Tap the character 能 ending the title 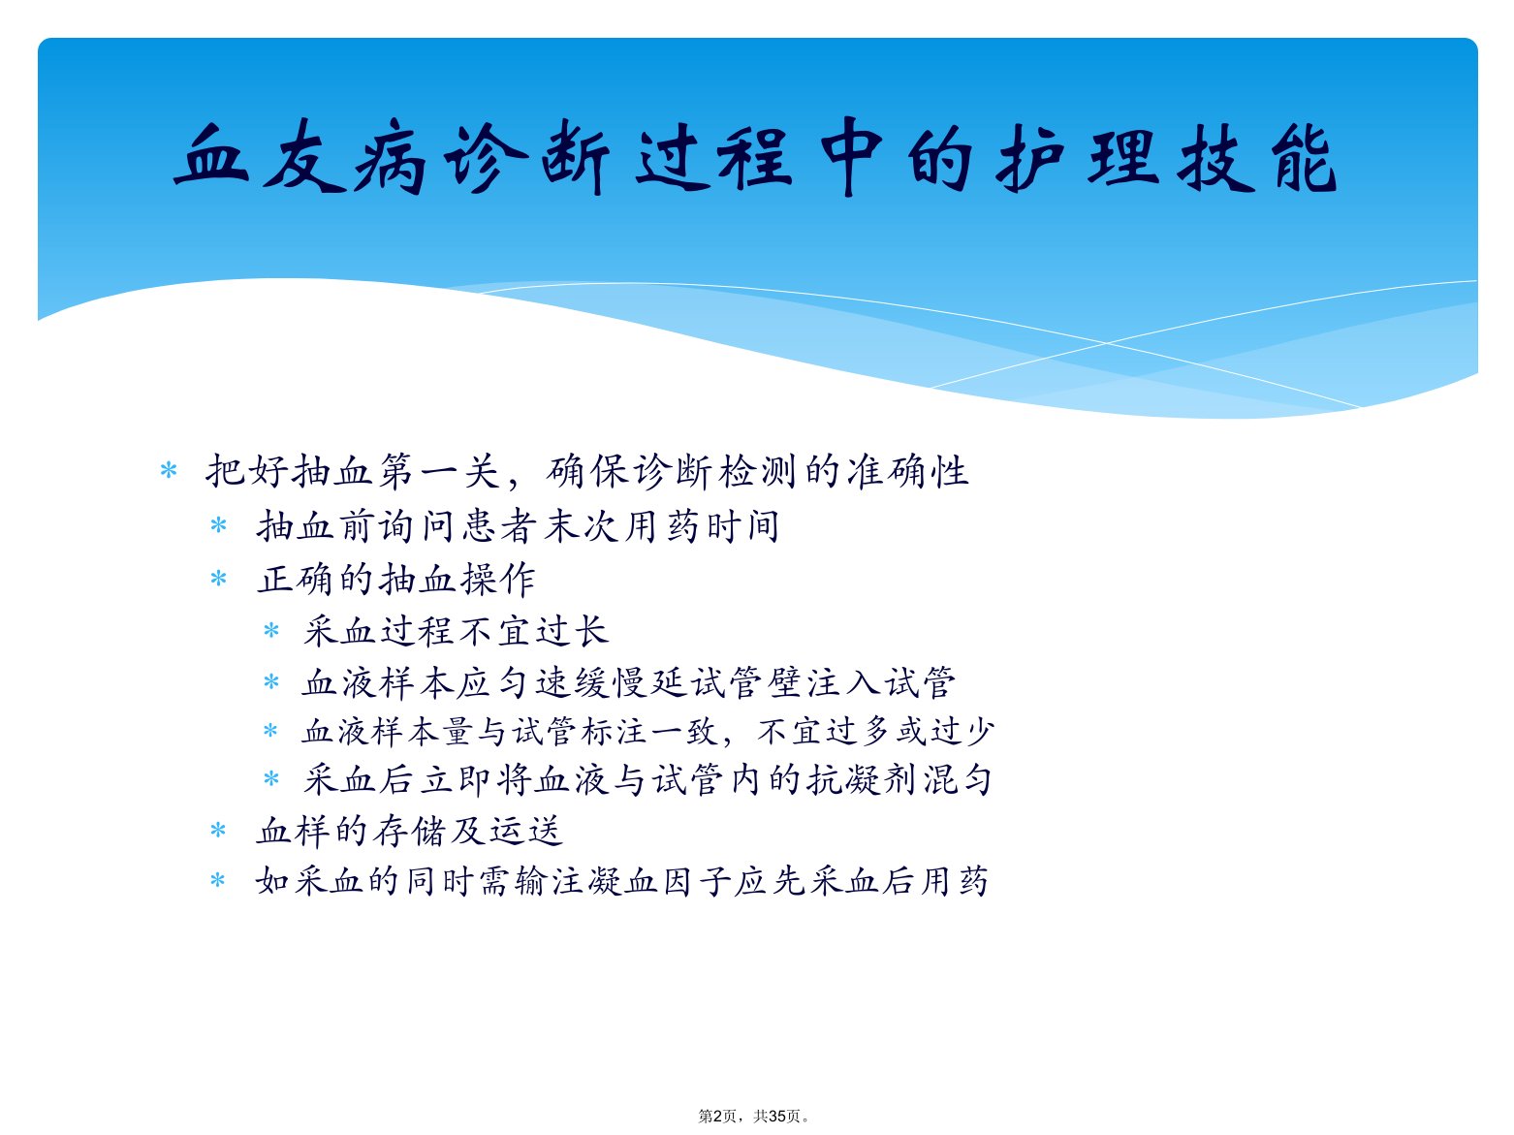pos(1305,157)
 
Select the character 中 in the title pos(851,156)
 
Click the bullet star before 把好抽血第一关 pos(169,471)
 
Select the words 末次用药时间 pos(661,526)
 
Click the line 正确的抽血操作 pos(395,579)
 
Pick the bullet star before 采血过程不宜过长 pos(271,630)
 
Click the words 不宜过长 pos(533,631)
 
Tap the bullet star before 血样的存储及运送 pos(218,831)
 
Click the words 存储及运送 pos(468,831)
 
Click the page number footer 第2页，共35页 pos(755,1116)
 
